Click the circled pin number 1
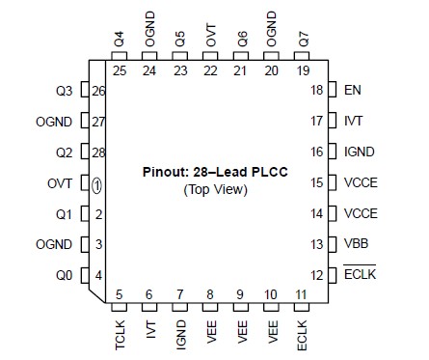click(97, 183)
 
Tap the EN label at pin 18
click(352, 90)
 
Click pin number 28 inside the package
click(97, 152)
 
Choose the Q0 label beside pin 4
click(64, 275)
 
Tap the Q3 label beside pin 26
click(64, 91)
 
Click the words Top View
click(215, 189)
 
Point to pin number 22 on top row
click(210, 70)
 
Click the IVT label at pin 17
click(353, 121)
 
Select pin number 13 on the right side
click(317, 244)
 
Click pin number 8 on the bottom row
click(210, 294)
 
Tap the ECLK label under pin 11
click(302, 336)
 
